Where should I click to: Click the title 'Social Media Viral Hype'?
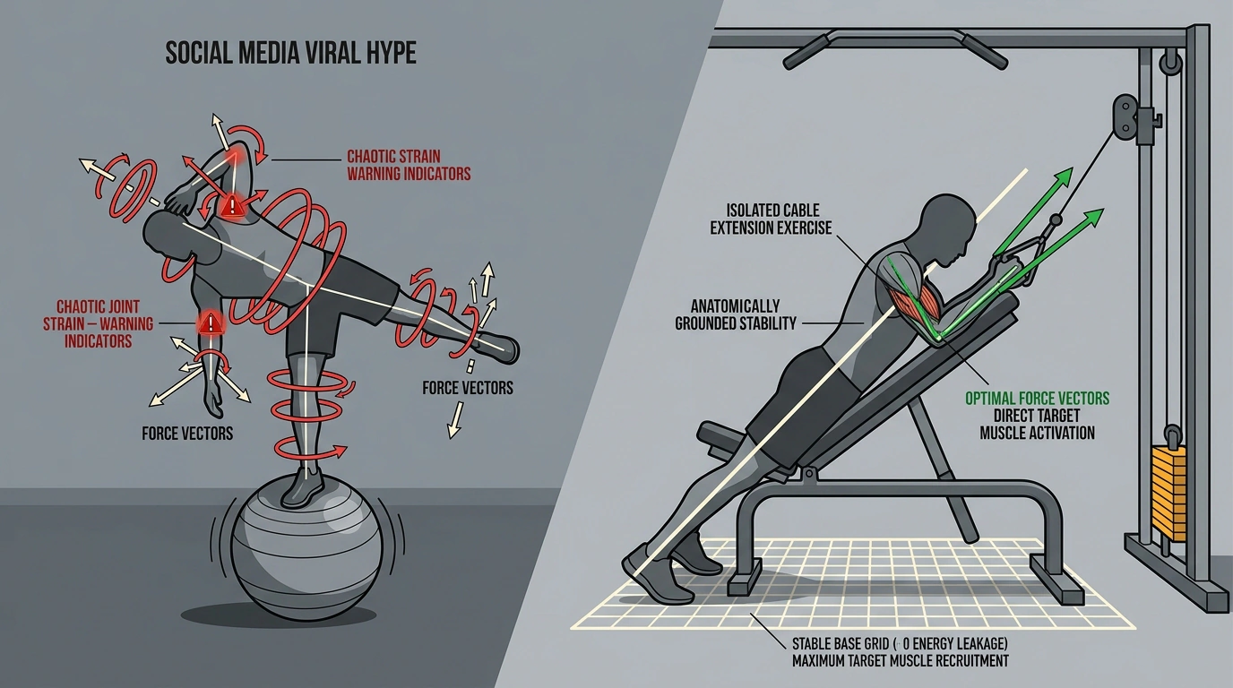[x=290, y=54]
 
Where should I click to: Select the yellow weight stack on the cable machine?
[x=1169, y=494]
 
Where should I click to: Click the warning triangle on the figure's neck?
[x=233, y=205]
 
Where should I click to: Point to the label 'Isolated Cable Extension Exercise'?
[x=772, y=219]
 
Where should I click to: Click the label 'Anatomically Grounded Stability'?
[x=736, y=314]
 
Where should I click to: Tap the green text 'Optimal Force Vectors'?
[x=1037, y=398]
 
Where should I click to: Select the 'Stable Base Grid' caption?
[x=900, y=652]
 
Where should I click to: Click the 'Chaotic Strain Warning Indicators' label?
[x=409, y=165]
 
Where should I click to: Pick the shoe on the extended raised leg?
[x=498, y=347]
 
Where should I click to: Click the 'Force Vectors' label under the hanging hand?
[x=187, y=434]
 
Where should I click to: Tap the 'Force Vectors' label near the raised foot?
[x=468, y=388]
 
